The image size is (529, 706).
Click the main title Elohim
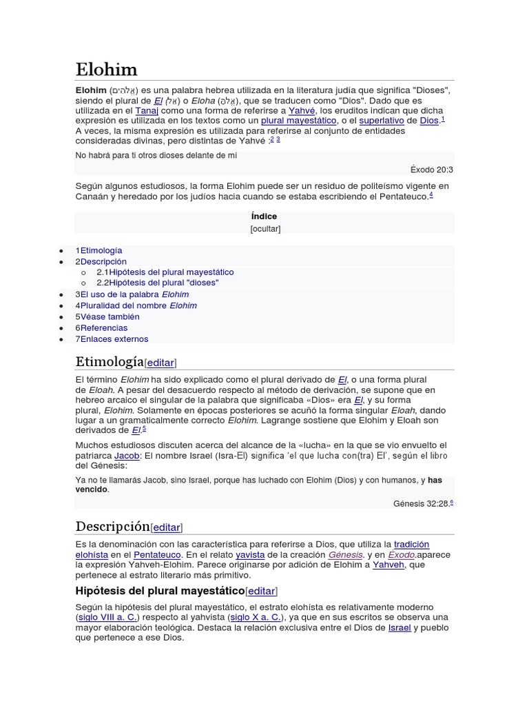click(106, 70)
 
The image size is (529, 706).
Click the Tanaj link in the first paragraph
click(146, 110)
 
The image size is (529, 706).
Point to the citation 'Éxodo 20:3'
click(431, 170)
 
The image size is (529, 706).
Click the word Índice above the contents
click(264, 216)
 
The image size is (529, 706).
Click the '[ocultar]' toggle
click(265, 229)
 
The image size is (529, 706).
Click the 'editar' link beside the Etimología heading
click(160, 363)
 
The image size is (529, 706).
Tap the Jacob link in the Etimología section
click(107, 456)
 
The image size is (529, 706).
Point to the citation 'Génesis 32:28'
click(421, 504)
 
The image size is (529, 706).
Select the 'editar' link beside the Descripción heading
click(166, 527)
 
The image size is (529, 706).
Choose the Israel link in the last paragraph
click(399, 627)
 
